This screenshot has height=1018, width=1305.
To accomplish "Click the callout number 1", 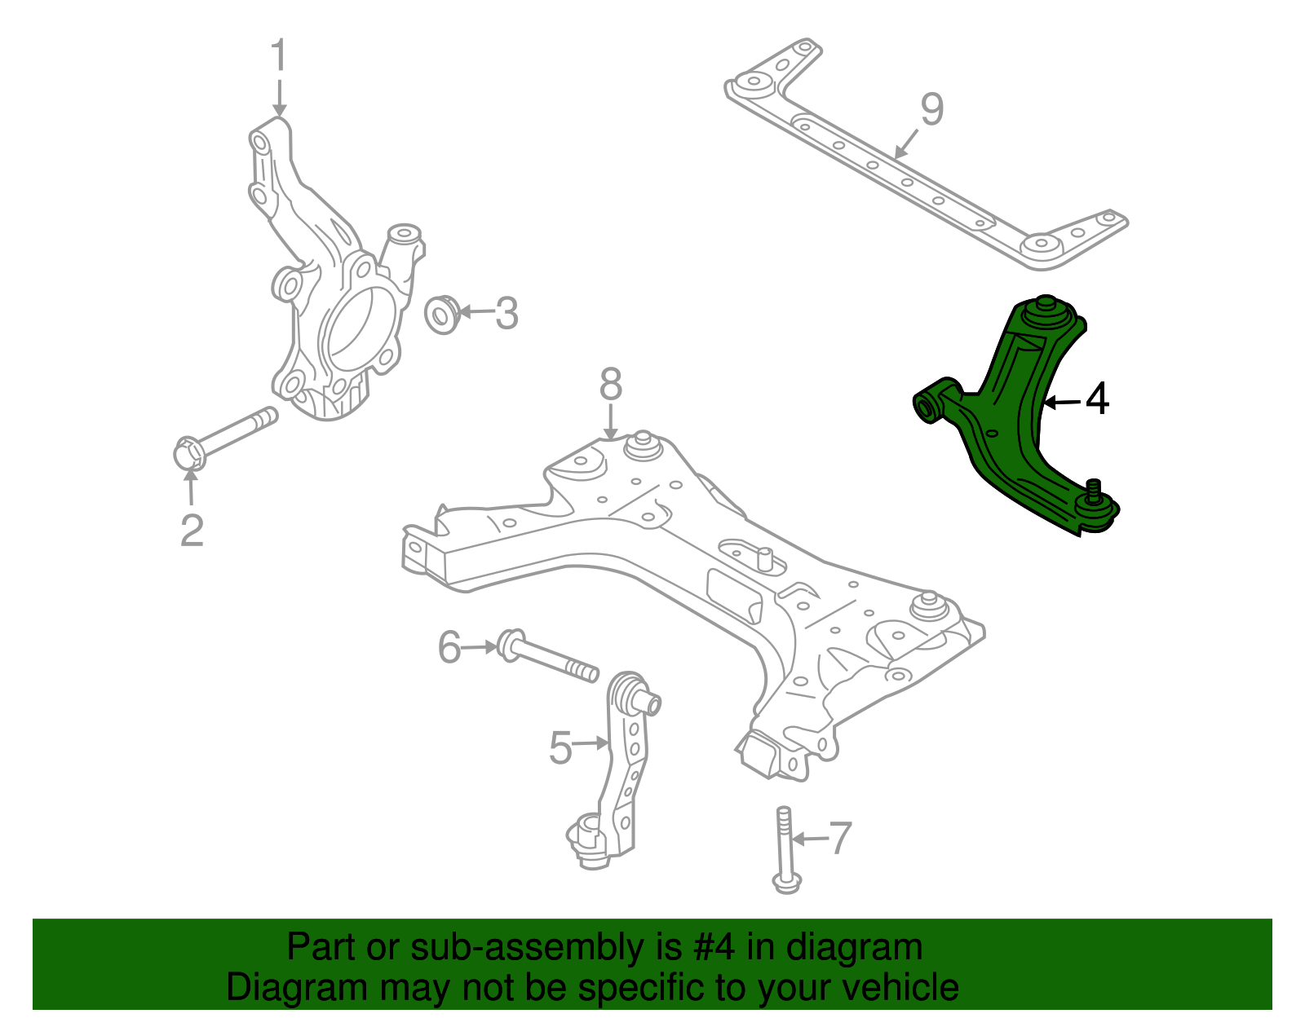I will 279,55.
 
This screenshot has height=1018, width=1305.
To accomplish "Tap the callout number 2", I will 192,531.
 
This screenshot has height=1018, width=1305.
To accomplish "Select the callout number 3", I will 507,313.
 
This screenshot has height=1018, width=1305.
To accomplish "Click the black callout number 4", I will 1098,399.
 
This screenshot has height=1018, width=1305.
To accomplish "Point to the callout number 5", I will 560,747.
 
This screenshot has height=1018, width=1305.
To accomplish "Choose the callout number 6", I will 449,647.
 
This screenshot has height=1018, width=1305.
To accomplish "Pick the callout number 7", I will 840,837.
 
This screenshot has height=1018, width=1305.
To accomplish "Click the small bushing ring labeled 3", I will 443,314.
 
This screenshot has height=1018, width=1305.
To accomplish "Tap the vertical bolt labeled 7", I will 785,848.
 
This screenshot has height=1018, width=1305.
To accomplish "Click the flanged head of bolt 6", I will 510,645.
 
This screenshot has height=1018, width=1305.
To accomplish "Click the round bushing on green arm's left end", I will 925,407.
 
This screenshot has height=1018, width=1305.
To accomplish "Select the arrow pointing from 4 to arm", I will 1063,402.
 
